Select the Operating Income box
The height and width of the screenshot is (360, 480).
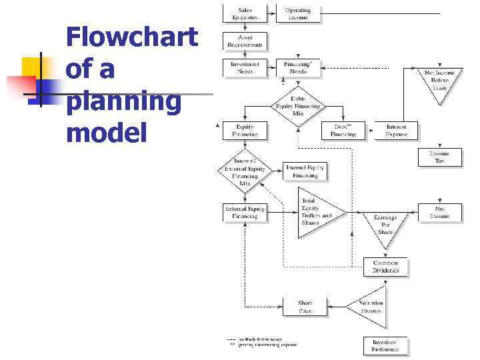point(297,13)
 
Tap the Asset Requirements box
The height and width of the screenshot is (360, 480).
point(245,41)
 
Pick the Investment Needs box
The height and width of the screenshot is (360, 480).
point(245,67)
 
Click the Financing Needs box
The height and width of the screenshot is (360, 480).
point(297,67)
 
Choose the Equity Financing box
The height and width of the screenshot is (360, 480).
point(245,130)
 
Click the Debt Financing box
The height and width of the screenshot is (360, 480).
point(344,130)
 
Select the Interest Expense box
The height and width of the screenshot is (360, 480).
point(396,130)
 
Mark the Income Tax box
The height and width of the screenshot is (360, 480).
point(439,157)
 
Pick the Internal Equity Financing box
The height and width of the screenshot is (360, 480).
point(305,171)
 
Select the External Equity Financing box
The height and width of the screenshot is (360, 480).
point(245,212)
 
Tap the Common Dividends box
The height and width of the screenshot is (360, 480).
point(385,267)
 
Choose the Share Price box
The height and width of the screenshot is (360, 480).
point(305,307)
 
